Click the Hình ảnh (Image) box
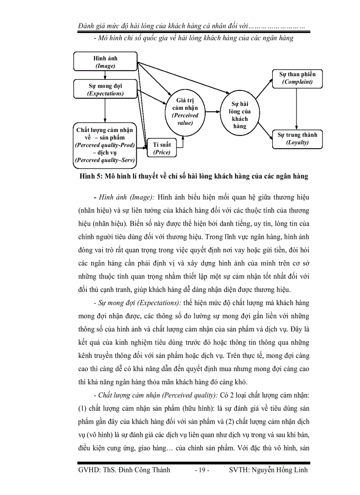[105, 62]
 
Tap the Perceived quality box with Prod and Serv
[105, 145]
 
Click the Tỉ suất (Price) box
[162, 148]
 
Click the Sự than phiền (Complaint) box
[297, 78]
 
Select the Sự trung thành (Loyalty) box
[297, 138]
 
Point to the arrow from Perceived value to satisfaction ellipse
[213, 112]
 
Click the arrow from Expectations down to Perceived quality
[105, 110]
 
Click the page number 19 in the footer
[202, 470]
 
